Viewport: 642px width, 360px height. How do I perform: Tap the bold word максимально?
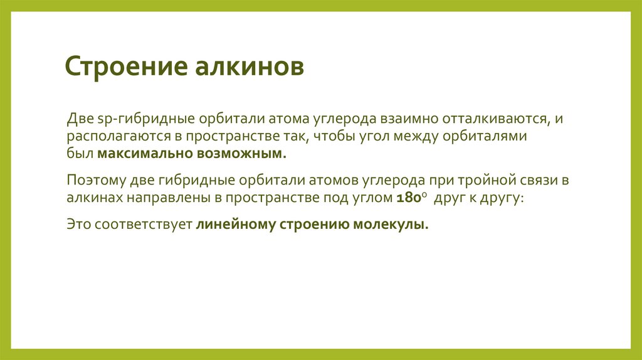[x=137, y=154]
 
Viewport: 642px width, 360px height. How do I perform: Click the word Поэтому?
[x=95, y=181]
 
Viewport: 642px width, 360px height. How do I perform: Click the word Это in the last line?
[x=78, y=225]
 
